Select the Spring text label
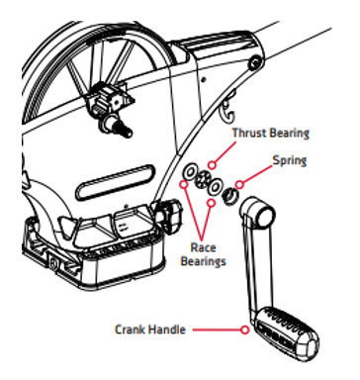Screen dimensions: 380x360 pos(289,158)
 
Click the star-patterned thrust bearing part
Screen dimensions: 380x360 pos(205,180)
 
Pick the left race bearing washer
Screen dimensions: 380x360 pos(188,176)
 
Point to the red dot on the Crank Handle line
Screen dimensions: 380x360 pos(242,328)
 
